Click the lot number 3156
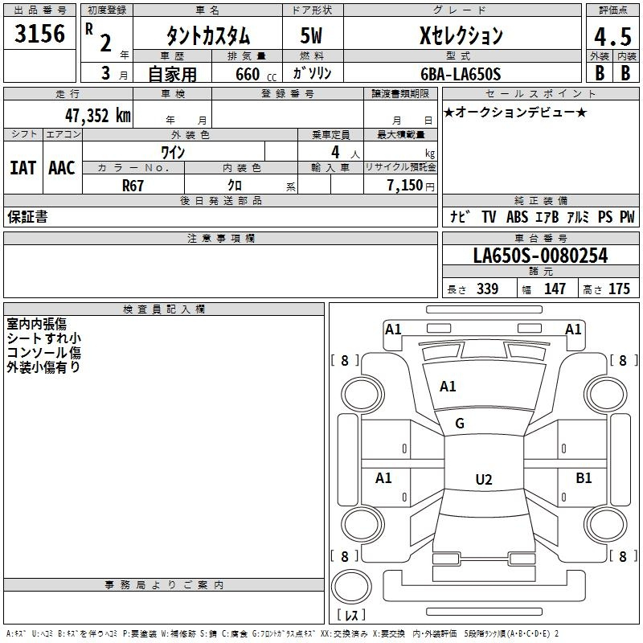[x=39, y=34]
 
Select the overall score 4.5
[x=612, y=36]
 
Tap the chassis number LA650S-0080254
[x=540, y=256]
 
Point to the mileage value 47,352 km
[x=98, y=116]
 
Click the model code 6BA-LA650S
[x=461, y=74]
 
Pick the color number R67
[x=133, y=186]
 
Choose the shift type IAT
[x=23, y=168]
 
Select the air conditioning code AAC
[x=62, y=168]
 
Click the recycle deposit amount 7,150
[x=405, y=186]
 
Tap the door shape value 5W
[x=311, y=35]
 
